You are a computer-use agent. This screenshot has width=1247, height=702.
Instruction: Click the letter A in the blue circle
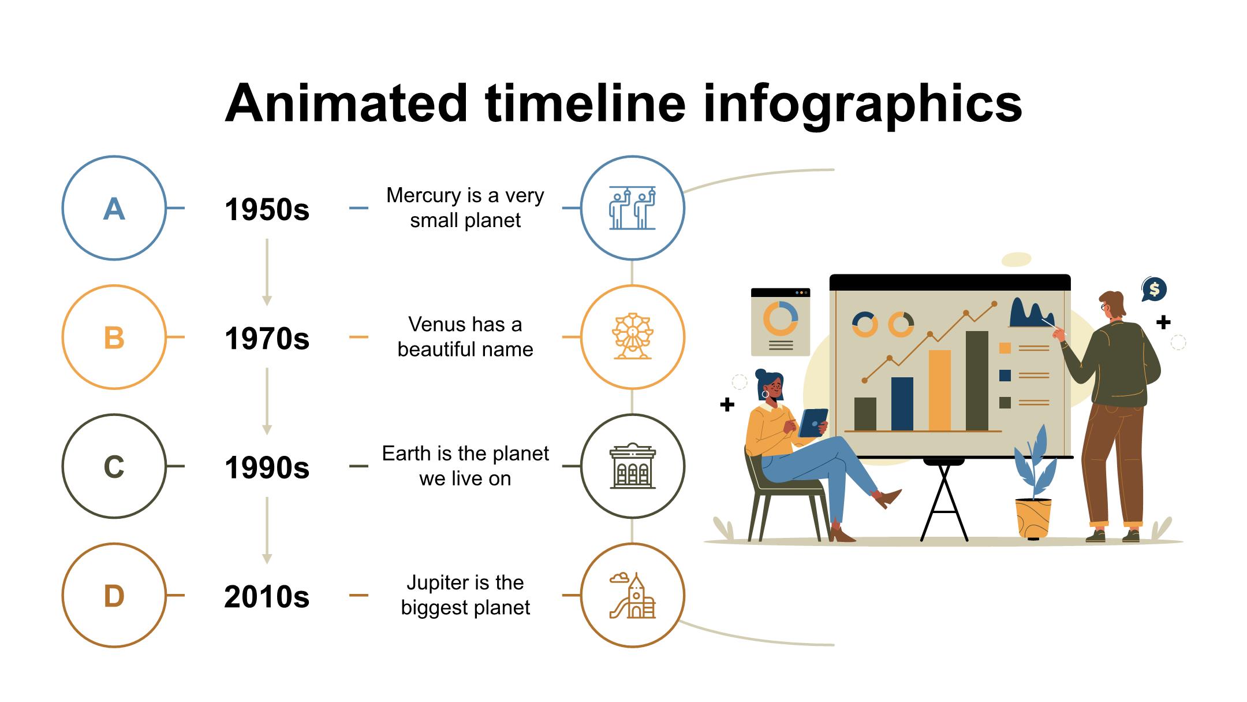(114, 209)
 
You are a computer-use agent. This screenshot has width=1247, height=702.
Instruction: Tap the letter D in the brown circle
(114, 596)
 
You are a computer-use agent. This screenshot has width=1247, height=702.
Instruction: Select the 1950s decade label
(267, 209)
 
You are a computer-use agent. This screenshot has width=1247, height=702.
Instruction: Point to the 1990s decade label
(267, 467)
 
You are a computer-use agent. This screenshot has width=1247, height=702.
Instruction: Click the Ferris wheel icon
(632, 336)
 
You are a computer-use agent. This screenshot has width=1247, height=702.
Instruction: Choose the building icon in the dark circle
(632, 466)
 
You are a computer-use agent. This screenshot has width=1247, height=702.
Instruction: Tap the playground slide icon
(632, 595)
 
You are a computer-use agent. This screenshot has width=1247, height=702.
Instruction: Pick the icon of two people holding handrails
(632, 208)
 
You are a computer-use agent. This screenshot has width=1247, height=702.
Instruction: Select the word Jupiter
(434, 584)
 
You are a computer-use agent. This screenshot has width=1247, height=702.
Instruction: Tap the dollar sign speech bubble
(1154, 289)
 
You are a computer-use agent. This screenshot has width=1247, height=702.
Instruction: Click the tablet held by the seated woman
(813, 423)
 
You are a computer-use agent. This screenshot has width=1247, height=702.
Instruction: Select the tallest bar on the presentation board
(977, 381)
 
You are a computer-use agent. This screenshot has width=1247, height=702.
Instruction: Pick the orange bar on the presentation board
(939, 391)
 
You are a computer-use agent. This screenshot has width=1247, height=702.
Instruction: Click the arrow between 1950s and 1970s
(267, 272)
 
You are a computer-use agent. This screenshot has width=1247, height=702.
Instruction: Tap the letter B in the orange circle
(114, 338)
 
